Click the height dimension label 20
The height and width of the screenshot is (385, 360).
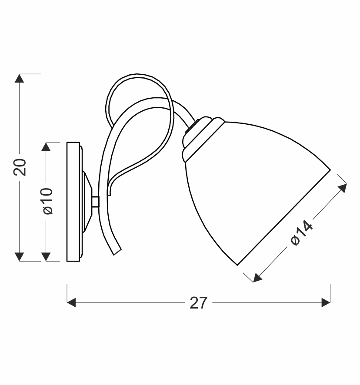[20, 167]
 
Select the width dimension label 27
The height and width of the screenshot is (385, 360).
[199, 303]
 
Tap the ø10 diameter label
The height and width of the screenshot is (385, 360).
[47, 201]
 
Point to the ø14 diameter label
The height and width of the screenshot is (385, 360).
[301, 232]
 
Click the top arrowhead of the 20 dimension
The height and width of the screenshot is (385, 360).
[20, 78]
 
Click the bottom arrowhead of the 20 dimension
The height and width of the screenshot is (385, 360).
[20, 257]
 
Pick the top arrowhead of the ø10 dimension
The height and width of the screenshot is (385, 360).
[46, 146]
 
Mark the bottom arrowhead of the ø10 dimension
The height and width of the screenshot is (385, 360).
[46, 257]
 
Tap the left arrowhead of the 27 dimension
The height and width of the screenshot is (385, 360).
[71, 302]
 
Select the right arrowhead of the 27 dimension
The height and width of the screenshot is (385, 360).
[326, 302]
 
